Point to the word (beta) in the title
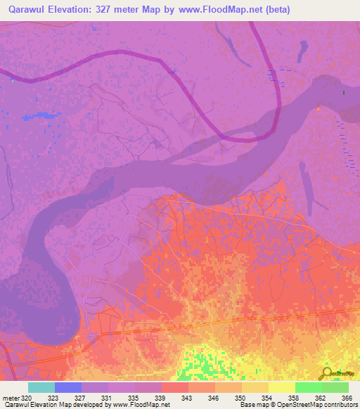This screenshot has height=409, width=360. [274, 10]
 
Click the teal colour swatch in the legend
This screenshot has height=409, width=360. [41, 387]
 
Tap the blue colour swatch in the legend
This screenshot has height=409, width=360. [67, 387]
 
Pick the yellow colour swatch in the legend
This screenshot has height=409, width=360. [281, 387]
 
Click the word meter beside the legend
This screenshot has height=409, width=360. [11, 397]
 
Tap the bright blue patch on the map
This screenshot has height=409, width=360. [44, 115]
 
